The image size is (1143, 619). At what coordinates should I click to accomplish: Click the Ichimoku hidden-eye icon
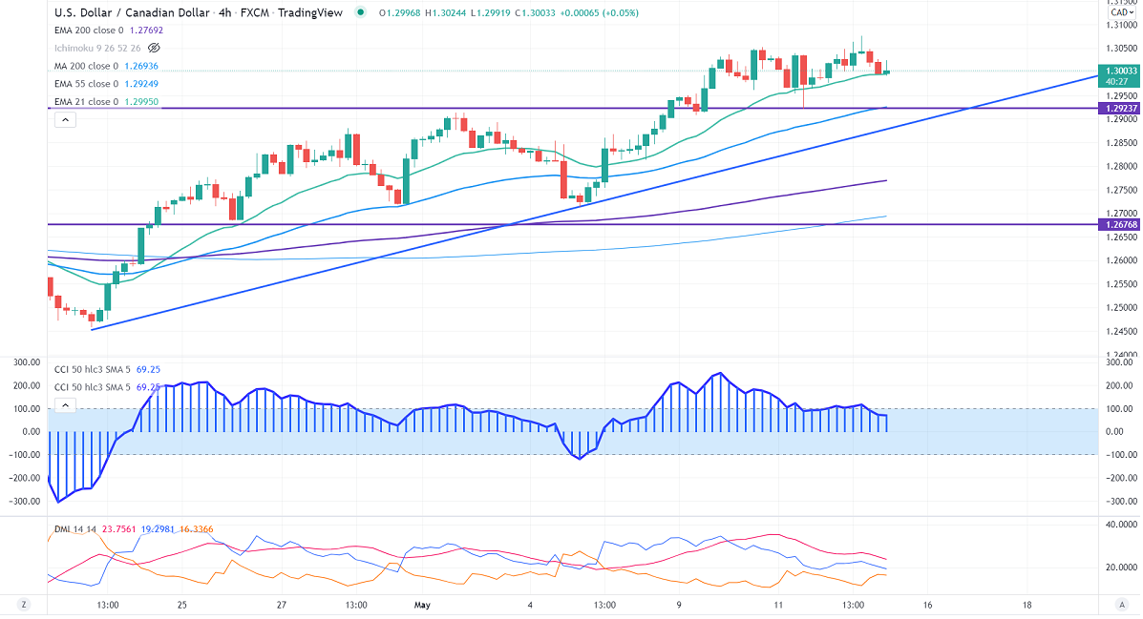pos(155,48)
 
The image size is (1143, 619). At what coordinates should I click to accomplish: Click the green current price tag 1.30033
pos(1119,71)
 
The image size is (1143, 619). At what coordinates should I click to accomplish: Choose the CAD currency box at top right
pos(1119,13)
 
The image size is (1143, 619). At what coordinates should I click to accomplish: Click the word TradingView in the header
pos(316,13)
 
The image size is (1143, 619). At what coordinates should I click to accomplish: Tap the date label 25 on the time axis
pos(181,605)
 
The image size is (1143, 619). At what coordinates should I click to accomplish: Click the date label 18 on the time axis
pos(1027,605)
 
